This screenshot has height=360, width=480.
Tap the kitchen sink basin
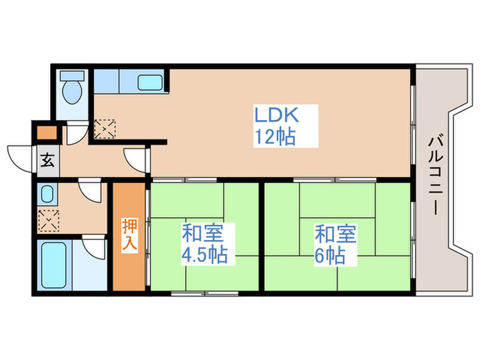click(149, 83)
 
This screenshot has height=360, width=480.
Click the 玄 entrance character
click(47, 162)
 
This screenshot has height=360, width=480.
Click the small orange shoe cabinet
click(47, 134)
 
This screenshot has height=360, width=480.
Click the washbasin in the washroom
click(47, 194)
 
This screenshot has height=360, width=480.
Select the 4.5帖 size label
click(204, 256)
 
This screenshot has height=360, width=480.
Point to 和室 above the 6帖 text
click(335, 233)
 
